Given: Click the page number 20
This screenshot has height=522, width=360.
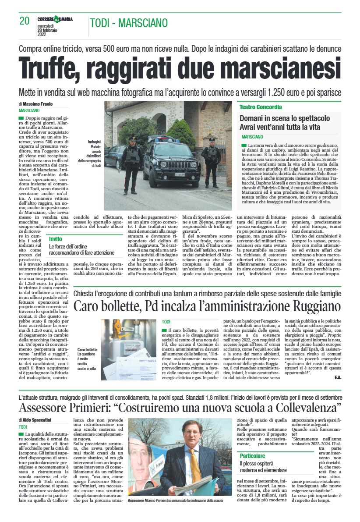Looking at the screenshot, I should [x=24, y=21].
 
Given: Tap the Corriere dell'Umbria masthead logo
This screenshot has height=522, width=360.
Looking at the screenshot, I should [x=55, y=19].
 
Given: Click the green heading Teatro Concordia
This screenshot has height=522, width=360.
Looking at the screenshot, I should [x=261, y=107].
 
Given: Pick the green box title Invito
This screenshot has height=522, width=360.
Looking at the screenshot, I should [x=56, y=239].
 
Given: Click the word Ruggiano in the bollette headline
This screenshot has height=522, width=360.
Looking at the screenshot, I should [x=310, y=305].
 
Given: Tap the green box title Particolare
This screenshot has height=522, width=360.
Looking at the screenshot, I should [x=252, y=456].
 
